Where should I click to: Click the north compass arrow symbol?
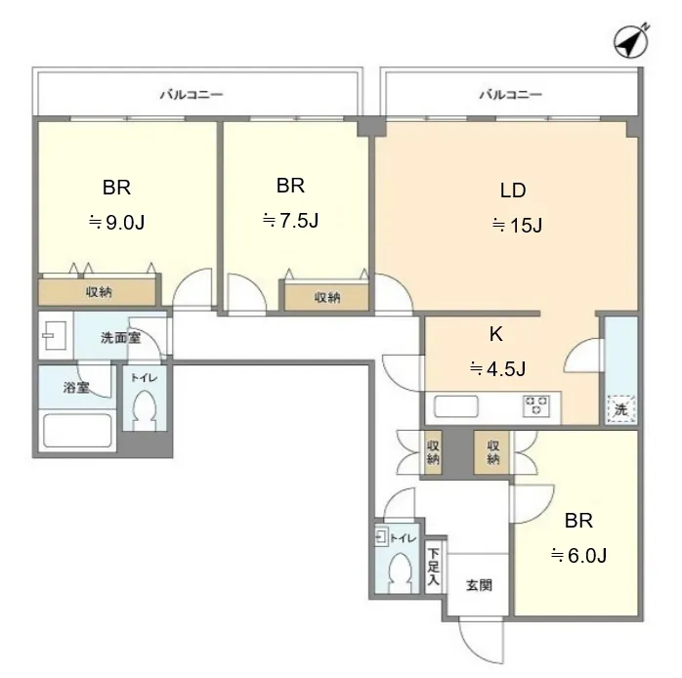coord(631,41)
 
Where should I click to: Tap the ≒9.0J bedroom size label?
coord(116,222)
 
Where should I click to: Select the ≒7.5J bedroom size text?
coord(290,221)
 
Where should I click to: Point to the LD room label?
coord(513,191)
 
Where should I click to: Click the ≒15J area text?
coord(517,226)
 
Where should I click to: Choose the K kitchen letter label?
coord(496,334)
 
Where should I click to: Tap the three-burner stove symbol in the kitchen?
coord(535,406)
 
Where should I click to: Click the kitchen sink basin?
coord(456,406)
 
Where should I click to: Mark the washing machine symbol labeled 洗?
coord(621,408)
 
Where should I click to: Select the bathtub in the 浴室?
coord(77,430)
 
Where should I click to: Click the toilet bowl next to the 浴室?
coord(145,410)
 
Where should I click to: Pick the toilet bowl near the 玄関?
coord(400,574)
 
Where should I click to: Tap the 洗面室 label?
coord(120,337)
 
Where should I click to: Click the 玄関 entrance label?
coord(479,585)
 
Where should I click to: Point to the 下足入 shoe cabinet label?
coord(433,567)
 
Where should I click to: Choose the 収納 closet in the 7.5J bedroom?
coord(326,297)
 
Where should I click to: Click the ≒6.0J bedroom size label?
coord(578,555)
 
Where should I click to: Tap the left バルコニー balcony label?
coord(192,95)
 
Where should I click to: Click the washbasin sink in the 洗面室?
coord(54,335)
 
